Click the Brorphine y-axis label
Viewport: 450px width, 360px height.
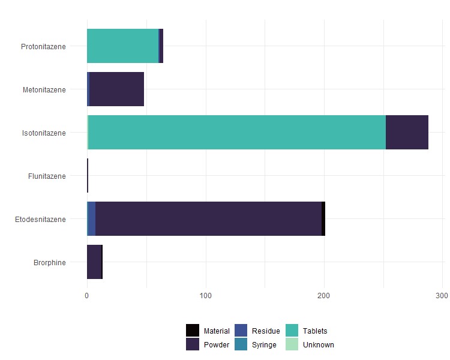50,262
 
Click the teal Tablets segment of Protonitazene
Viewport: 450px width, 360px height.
122,46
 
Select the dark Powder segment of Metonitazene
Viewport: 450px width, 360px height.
116,89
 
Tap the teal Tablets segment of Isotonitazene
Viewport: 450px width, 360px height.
237,133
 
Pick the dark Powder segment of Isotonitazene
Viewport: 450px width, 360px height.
407,133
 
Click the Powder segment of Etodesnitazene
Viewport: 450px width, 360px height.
208,219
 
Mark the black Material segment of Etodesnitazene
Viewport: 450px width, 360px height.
323,219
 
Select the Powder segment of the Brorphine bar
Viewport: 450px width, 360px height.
94,262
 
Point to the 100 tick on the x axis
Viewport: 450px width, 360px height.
206,296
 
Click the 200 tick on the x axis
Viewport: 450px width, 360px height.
324,296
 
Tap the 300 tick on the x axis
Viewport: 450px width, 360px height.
442,296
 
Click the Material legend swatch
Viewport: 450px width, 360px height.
193,331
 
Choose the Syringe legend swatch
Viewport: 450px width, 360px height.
241,344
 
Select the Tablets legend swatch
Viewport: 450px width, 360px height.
292,331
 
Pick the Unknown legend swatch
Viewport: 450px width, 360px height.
292,344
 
